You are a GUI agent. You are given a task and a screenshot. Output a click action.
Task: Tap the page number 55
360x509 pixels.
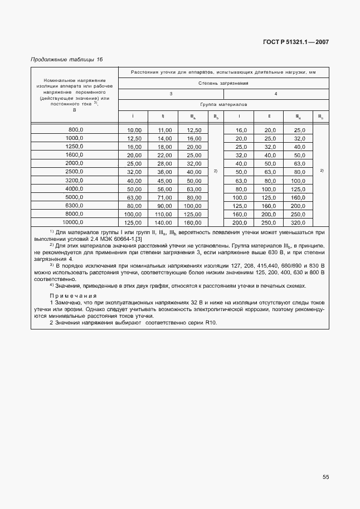point(325,477)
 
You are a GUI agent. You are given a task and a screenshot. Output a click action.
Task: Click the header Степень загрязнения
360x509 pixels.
point(223,83)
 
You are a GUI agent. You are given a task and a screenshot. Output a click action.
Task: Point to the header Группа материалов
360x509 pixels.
point(223,105)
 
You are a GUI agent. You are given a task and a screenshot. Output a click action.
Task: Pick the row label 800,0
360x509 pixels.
point(75,129)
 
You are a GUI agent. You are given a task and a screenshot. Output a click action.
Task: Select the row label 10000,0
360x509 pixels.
point(74,221)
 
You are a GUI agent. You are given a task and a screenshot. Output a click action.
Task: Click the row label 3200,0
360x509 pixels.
point(75,180)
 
